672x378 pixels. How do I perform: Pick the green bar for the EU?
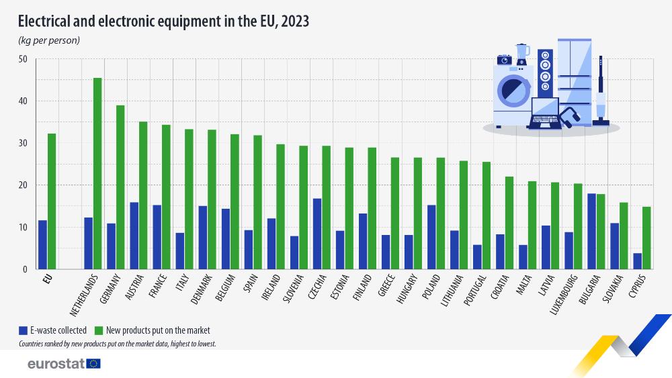point(52,201)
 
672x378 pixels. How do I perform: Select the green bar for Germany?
point(120,187)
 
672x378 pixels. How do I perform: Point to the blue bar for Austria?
point(134,236)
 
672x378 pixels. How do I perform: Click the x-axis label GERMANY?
point(110,289)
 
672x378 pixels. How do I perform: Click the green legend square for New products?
point(97,330)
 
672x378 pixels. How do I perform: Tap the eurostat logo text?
point(55,364)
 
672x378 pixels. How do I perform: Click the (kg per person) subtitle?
point(48,40)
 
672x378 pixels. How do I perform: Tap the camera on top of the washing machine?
point(504,59)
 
